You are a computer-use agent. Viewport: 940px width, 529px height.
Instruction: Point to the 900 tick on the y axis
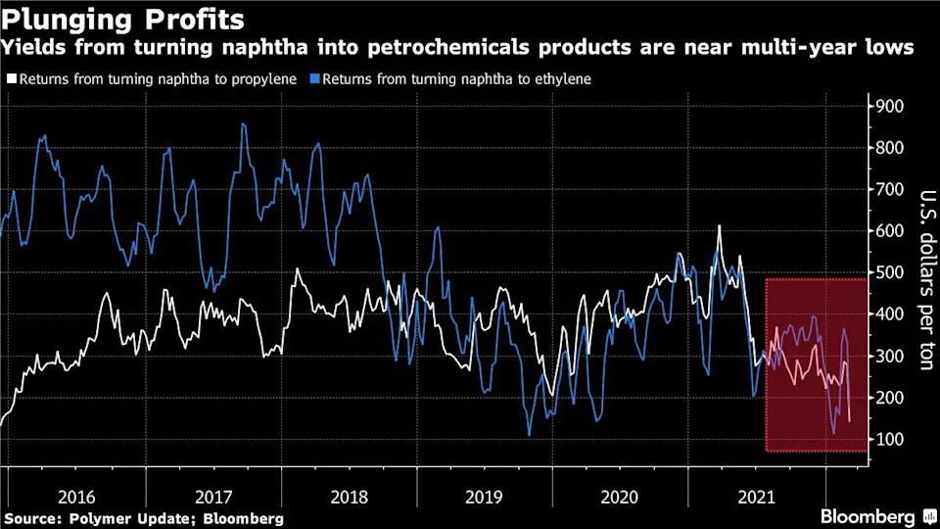pos(888,106)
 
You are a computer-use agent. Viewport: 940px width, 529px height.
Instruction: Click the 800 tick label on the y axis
pos(888,148)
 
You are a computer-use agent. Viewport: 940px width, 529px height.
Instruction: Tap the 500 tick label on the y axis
pos(888,272)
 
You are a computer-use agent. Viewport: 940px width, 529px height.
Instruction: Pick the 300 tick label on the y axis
pos(888,356)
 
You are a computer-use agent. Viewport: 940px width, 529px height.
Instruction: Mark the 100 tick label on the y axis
pos(888,439)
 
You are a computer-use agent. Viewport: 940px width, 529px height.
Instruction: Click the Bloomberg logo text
pos(868,515)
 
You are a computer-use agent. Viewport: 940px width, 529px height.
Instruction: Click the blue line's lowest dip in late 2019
pos(529,434)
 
